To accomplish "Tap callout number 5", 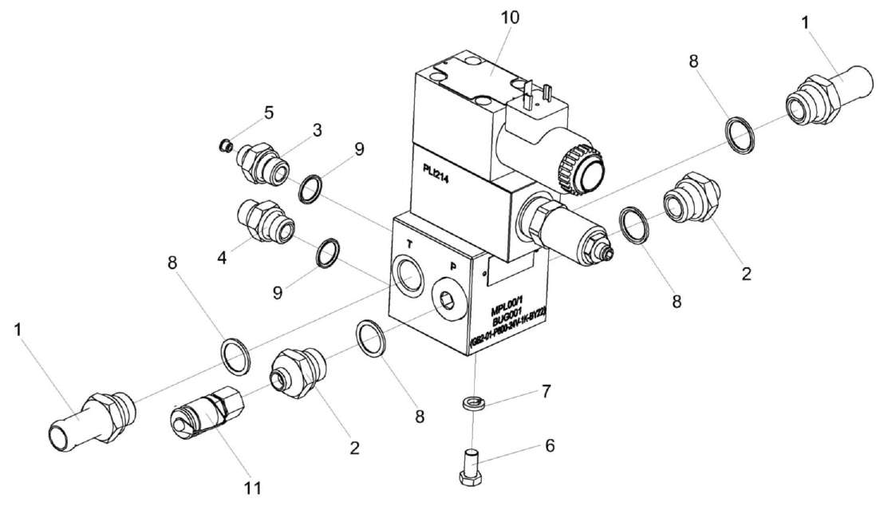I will coord(269,113).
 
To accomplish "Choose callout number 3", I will coord(317,130).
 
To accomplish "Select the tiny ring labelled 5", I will coord(226,145).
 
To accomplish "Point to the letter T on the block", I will coord(409,243).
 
